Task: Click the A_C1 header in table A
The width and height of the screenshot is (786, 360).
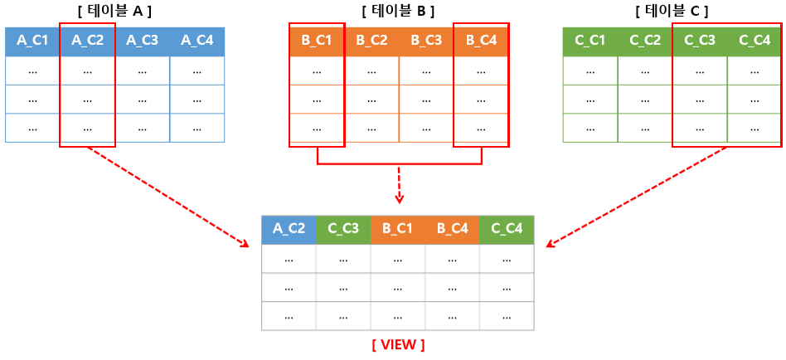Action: coord(32,41)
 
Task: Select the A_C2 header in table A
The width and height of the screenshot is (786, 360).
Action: coord(87,41)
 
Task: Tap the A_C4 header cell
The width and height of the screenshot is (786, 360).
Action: coord(196,41)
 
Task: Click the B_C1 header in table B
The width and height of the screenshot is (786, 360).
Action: coord(317,41)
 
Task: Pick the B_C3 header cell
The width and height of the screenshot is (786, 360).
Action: coord(426,41)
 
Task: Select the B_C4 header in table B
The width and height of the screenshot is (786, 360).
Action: coord(481,41)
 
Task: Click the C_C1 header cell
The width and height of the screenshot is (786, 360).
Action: coord(589,41)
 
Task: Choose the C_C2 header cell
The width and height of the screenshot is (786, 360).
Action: coord(644,41)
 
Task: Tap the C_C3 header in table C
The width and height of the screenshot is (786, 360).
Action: coord(699,41)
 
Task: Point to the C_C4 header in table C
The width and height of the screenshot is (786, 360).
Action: coord(754,41)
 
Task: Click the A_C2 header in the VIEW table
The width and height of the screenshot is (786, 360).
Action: coord(289,230)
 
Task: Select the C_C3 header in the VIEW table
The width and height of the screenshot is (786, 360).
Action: coord(343,230)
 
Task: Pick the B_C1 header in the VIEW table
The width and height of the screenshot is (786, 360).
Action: coord(398,230)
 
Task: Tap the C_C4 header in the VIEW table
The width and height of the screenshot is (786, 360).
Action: coord(507,230)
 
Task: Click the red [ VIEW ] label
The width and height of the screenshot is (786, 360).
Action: coord(398,344)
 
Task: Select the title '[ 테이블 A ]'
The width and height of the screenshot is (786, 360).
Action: coord(114,11)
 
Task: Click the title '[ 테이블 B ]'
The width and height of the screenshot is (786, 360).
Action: coord(398,11)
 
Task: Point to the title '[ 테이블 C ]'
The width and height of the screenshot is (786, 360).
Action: coord(672,11)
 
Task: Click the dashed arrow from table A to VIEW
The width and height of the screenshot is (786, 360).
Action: coord(166,197)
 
